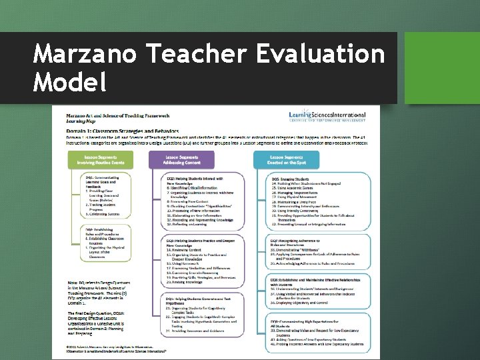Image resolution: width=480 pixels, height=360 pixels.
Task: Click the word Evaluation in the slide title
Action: coord(313,53)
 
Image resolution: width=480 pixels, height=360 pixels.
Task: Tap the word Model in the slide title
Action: coord(70,83)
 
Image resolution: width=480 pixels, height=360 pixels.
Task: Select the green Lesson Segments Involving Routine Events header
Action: coord(99,159)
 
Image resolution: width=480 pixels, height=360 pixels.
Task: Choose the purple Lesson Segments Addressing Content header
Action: coord(181,159)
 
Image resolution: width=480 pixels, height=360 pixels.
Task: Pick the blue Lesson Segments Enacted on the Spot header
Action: coord(287,159)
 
